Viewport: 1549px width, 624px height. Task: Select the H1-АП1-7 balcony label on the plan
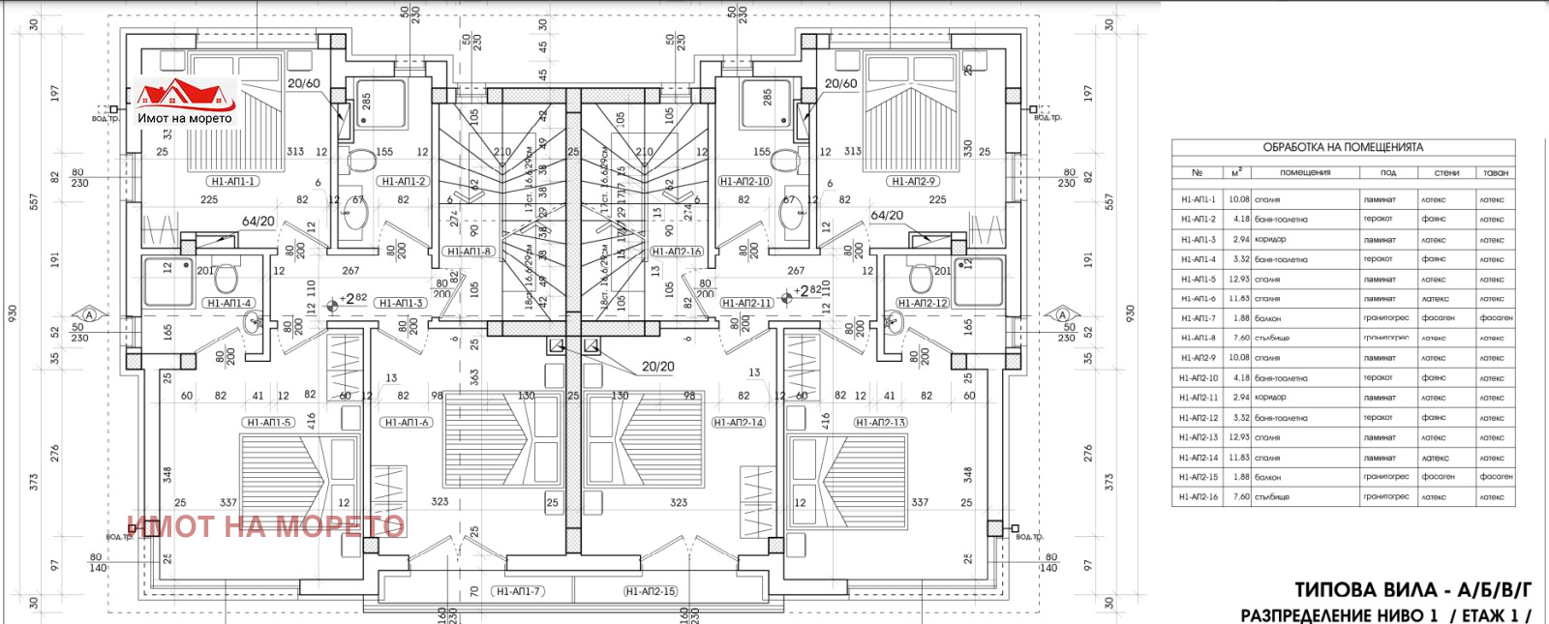tap(518, 591)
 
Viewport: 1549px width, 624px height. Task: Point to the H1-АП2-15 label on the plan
tap(651, 591)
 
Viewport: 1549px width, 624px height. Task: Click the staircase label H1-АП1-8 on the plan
tap(470, 252)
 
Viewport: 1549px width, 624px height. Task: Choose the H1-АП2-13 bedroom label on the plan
tap(880, 423)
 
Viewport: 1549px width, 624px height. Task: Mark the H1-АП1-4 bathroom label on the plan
tap(229, 303)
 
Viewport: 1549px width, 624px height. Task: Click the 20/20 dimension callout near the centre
tap(658, 367)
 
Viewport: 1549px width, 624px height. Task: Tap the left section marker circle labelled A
tap(90, 314)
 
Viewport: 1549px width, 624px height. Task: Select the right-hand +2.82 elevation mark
tap(803, 291)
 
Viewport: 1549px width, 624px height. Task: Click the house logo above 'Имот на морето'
tap(185, 94)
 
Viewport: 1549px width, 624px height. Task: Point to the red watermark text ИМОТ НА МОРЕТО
tap(266, 526)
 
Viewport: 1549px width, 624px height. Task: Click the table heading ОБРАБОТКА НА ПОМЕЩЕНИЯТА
tap(1343, 147)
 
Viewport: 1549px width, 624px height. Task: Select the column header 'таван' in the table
tap(1495, 172)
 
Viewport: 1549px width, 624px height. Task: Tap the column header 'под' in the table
tap(1387, 172)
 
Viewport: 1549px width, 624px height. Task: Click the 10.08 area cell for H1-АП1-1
tap(1238, 199)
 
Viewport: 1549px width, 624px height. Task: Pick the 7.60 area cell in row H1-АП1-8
tap(1240, 338)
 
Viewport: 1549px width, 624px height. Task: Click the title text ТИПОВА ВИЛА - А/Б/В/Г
tap(1412, 590)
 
